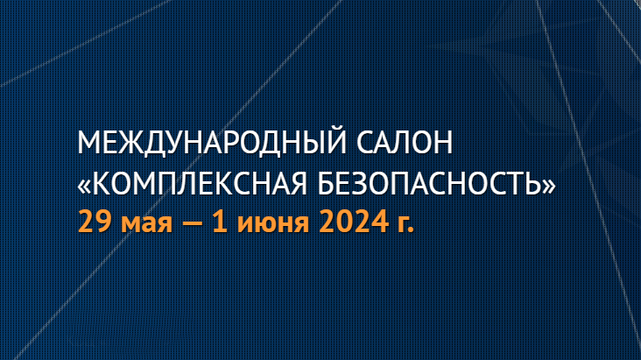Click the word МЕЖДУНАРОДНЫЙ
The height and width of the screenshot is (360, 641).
click(212, 142)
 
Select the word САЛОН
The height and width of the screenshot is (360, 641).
click(405, 143)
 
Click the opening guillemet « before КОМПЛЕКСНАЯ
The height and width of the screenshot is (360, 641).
click(84, 185)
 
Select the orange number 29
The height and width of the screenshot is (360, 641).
click(95, 222)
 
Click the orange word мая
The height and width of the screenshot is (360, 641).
click(147, 224)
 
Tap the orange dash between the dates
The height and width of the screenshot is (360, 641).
click(193, 224)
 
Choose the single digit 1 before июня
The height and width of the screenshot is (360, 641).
click(221, 222)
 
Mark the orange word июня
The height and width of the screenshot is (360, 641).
click(273, 224)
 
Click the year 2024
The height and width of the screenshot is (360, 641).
click(354, 222)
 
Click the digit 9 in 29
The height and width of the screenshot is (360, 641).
click(104, 222)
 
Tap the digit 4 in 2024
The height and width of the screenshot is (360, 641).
click(380, 222)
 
